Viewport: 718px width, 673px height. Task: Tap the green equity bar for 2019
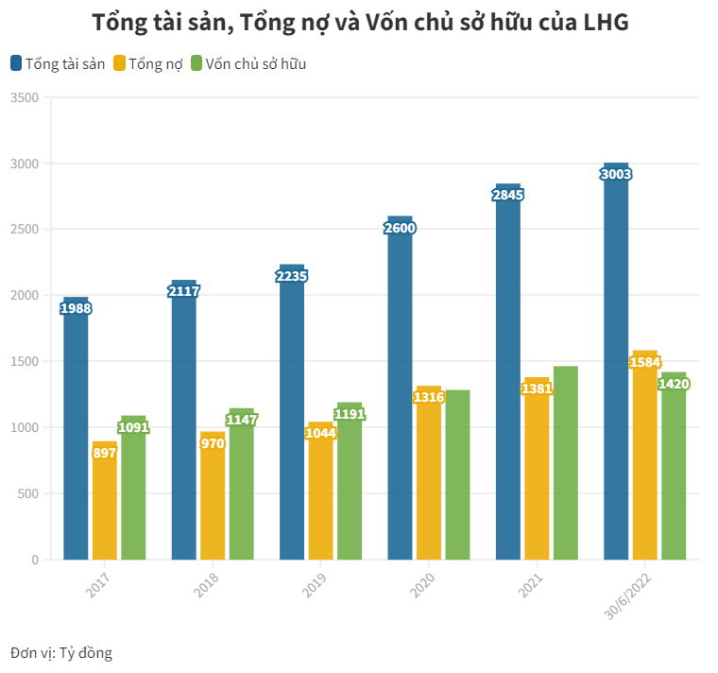tap(349, 492)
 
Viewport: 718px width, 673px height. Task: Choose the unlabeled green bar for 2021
tap(566, 463)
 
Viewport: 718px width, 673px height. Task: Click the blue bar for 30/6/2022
tap(616, 378)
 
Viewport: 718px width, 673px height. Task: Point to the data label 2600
tap(400, 228)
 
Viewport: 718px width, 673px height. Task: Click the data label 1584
tap(644, 362)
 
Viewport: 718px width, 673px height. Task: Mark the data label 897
tap(104, 452)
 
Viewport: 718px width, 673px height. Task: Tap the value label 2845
tap(507, 195)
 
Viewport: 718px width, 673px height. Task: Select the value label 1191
tap(350, 414)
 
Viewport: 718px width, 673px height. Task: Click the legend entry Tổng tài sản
tap(58, 64)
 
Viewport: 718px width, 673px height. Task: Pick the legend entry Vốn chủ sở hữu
tap(248, 64)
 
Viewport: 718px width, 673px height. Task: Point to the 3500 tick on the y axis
tap(25, 97)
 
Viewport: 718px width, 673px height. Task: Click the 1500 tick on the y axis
tap(25, 361)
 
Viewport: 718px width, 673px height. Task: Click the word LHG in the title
tap(601, 23)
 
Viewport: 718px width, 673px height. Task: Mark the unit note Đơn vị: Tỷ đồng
tap(61, 652)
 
